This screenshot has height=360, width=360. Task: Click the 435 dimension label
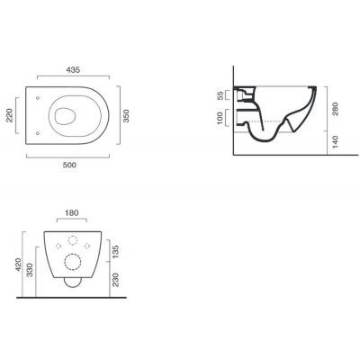pyautogui.click(x=73, y=70)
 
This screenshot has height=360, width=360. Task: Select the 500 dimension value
pyautogui.click(x=69, y=165)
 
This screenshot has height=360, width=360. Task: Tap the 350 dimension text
pyautogui.click(x=126, y=116)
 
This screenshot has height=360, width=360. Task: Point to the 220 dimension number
pyautogui.click(x=10, y=115)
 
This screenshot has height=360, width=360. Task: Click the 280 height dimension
pyautogui.click(x=335, y=109)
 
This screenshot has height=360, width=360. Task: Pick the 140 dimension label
pyautogui.click(x=335, y=142)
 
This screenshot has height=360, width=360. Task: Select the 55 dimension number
pyautogui.click(x=220, y=95)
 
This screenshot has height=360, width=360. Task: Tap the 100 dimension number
pyautogui.click(x=220, y=118)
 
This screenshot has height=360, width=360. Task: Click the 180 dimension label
pyautogui.click(x=71, y=212)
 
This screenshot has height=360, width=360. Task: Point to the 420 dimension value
pyautogui.click(x=19, y=265)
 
